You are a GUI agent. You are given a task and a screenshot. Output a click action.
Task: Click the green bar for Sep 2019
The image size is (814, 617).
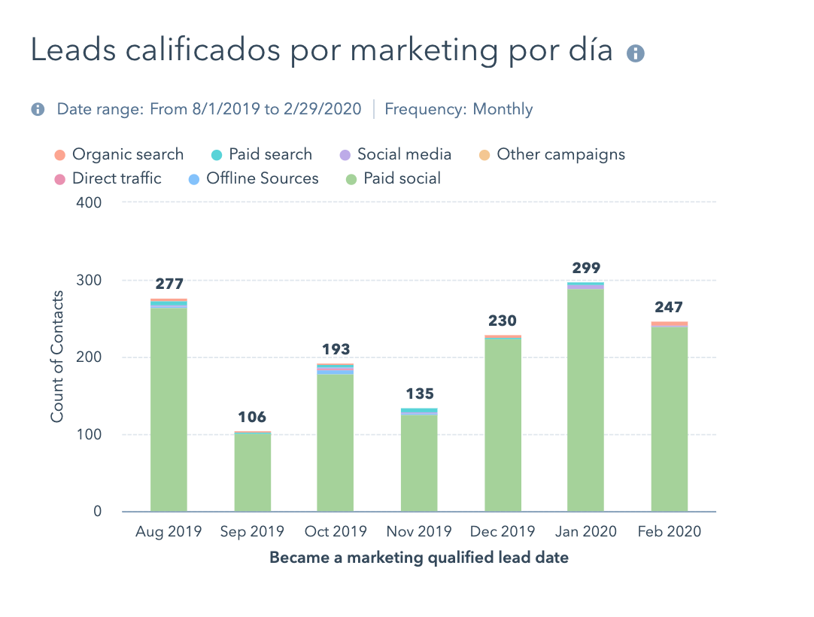(253, 473)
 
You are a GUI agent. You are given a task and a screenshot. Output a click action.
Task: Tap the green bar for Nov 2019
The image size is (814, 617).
(419, 463)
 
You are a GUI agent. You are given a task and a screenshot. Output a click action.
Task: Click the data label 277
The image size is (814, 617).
(169, 284)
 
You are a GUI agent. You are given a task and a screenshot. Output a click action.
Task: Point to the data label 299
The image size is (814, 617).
(585, 268)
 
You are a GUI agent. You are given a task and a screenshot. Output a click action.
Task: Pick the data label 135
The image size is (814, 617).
(419, 394)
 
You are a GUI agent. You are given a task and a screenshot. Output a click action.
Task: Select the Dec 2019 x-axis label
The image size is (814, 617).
(503, 532)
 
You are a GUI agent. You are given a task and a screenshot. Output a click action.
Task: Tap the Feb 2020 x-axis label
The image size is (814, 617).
(669, 532)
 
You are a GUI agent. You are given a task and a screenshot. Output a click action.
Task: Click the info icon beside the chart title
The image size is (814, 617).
(636, 53)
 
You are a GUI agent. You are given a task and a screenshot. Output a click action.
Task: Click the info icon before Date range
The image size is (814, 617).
(38, 109)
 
